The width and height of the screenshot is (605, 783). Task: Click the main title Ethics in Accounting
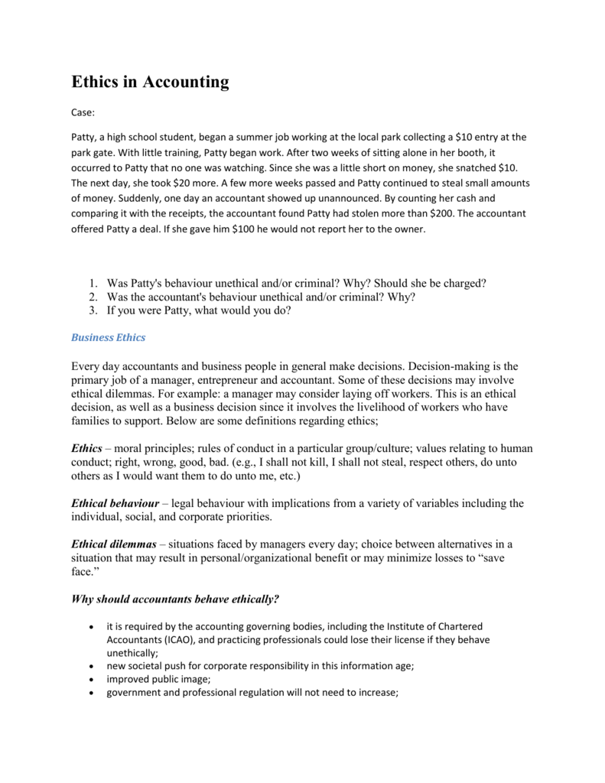[x=150, y=82]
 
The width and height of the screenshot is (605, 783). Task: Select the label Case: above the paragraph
[x=83, y=112]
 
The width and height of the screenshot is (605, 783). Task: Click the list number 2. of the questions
[x=93, y=297]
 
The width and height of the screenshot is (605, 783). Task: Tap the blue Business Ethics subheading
[x=108, y=337]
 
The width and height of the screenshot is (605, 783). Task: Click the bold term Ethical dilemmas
[x=114, y=544]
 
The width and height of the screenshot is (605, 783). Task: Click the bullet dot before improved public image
[x=93, y=680]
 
